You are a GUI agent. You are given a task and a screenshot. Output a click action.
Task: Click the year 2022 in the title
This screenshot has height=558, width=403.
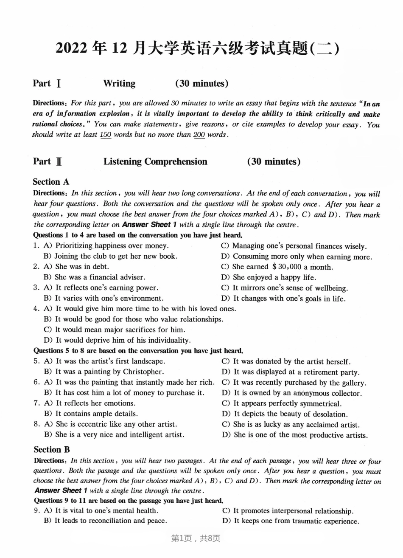[72, 49]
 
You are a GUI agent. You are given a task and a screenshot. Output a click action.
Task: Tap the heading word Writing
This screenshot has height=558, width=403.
[119, 84]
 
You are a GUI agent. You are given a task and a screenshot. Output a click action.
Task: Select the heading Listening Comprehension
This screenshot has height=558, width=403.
[155, 161]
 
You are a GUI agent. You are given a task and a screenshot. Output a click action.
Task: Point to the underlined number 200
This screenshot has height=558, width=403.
[199, 135]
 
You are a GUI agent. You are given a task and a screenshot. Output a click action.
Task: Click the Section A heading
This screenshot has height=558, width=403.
[51, 182]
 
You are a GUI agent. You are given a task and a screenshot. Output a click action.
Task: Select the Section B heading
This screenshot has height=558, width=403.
[51, 450]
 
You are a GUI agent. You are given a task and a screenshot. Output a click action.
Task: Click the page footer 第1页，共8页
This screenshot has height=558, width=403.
[196, 538]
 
